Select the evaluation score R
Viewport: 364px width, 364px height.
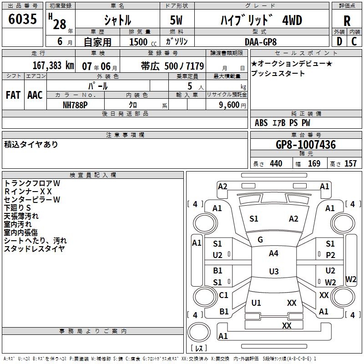(x=347, y=21)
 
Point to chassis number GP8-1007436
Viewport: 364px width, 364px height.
(x=306, y=145)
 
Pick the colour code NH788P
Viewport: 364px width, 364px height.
(x=76, y=105)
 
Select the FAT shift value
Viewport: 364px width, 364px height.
(x=13, y=95)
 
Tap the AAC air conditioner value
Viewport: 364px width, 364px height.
(x=35, y=95)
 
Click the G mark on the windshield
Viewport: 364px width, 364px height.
(x=260, y=240)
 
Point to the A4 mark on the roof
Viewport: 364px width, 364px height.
(x=273, y=253)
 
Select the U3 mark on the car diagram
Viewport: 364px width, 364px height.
(x=273, y=272)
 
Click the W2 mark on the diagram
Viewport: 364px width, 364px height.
(x=331, y=283)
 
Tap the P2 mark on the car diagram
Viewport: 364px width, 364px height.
(x=330, y=255)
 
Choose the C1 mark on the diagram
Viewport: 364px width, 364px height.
(x=223, y=295)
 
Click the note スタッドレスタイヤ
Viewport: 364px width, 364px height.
(x=34, y=248)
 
